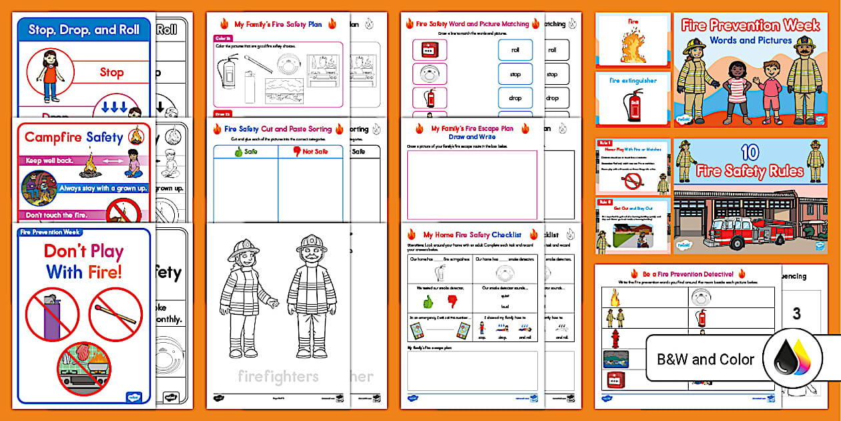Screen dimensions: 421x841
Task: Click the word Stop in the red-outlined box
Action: pos(111,72)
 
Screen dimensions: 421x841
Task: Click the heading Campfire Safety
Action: pos(73,138)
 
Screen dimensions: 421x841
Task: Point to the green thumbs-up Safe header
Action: pos(245,151)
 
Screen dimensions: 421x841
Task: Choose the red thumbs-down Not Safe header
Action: pos(310,151)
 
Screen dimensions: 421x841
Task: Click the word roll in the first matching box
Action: pos(515,50)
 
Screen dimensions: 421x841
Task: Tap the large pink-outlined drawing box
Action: pos(472,184)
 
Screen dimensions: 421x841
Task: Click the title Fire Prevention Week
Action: pos(750,25)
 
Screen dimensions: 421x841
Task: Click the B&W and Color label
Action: pos(706,360)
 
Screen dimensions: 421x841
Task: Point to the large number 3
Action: pos(796,314)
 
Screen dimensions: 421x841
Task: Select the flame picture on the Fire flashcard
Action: pos(633,46)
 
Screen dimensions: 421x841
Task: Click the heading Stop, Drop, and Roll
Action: pos(84,29)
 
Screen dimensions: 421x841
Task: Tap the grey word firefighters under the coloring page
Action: pos(278,376)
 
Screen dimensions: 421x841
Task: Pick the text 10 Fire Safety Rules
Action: pos(750,164)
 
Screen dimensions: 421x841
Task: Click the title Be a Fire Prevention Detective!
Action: pos(687,274)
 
